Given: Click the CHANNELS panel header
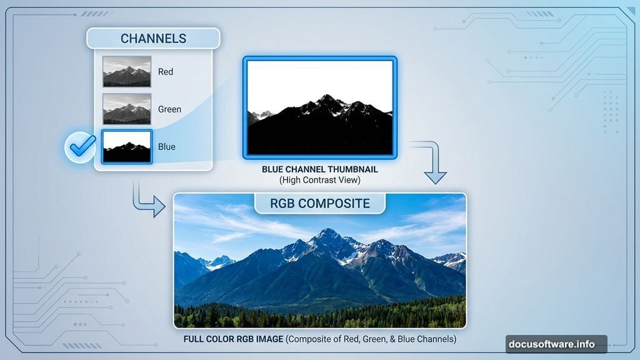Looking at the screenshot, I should coord(153,38).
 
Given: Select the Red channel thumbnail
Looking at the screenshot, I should coord(127,71).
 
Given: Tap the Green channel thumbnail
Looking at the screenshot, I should coord(127,109).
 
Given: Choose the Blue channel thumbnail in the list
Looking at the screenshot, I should coord(127,147).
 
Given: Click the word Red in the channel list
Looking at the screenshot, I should coord(166,72).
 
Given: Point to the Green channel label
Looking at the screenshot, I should coord(169,109).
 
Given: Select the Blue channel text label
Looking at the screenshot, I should coord(167,147).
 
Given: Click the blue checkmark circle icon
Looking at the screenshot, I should coord(80,147).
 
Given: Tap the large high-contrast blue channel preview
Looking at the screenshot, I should coord(319,107).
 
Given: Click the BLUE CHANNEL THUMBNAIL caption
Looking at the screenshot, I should coord(319,169).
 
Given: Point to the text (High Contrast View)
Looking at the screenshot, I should coord(319,180).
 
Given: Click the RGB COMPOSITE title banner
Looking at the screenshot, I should coord(319,204).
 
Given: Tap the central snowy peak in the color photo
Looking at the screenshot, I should coord(326,236).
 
